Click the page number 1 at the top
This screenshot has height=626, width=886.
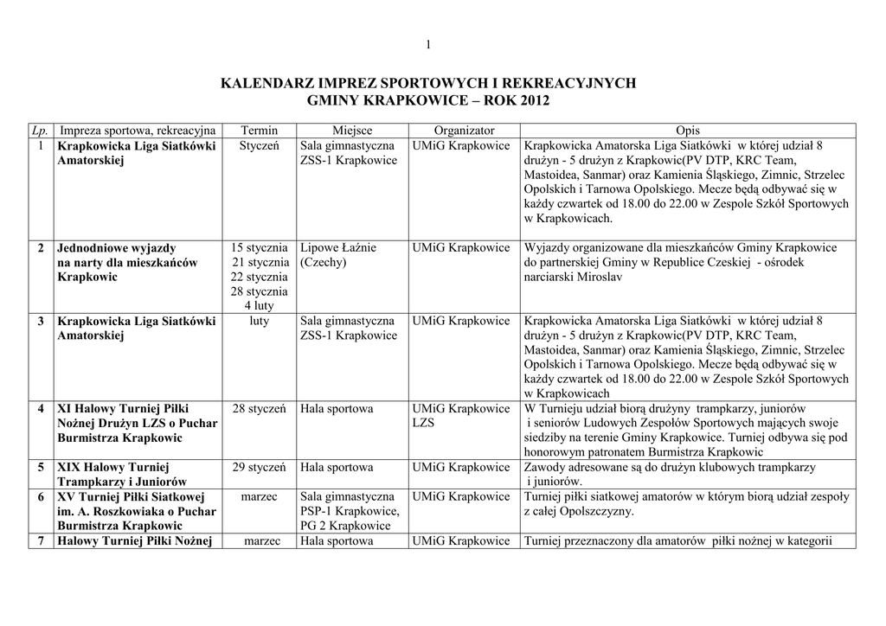point(428,45)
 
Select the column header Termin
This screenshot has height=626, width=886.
point(260,130)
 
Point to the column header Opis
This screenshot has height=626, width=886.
point(688,130)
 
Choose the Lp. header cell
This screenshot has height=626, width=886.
point(38,130)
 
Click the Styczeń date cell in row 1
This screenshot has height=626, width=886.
point(259,145)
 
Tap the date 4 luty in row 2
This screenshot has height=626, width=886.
point(259,306)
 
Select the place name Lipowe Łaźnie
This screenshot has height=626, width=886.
point(338,247)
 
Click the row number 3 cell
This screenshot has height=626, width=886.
point(41,321)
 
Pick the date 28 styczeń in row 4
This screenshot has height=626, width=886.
point(259,408)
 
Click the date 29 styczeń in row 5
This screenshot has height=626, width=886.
point(259,467)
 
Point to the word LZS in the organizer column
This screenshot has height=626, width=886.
point(424,423)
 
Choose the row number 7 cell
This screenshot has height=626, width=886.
point(41,541)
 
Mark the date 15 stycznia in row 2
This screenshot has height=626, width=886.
point(259,247)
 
